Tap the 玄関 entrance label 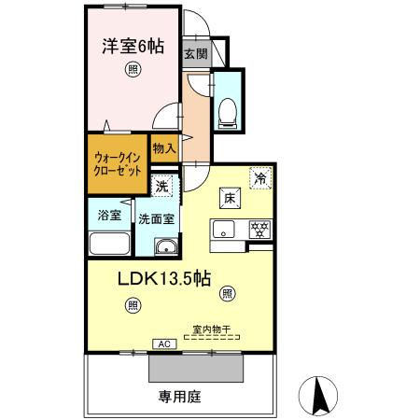click(195, 53)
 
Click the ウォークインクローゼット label click(118, 165)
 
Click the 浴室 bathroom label click(109, 217)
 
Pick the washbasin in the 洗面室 click(165, 247)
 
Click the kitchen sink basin click(224, 230)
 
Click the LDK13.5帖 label click(163, 279)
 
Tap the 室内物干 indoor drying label click(211, 328)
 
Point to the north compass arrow click(318, 397)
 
